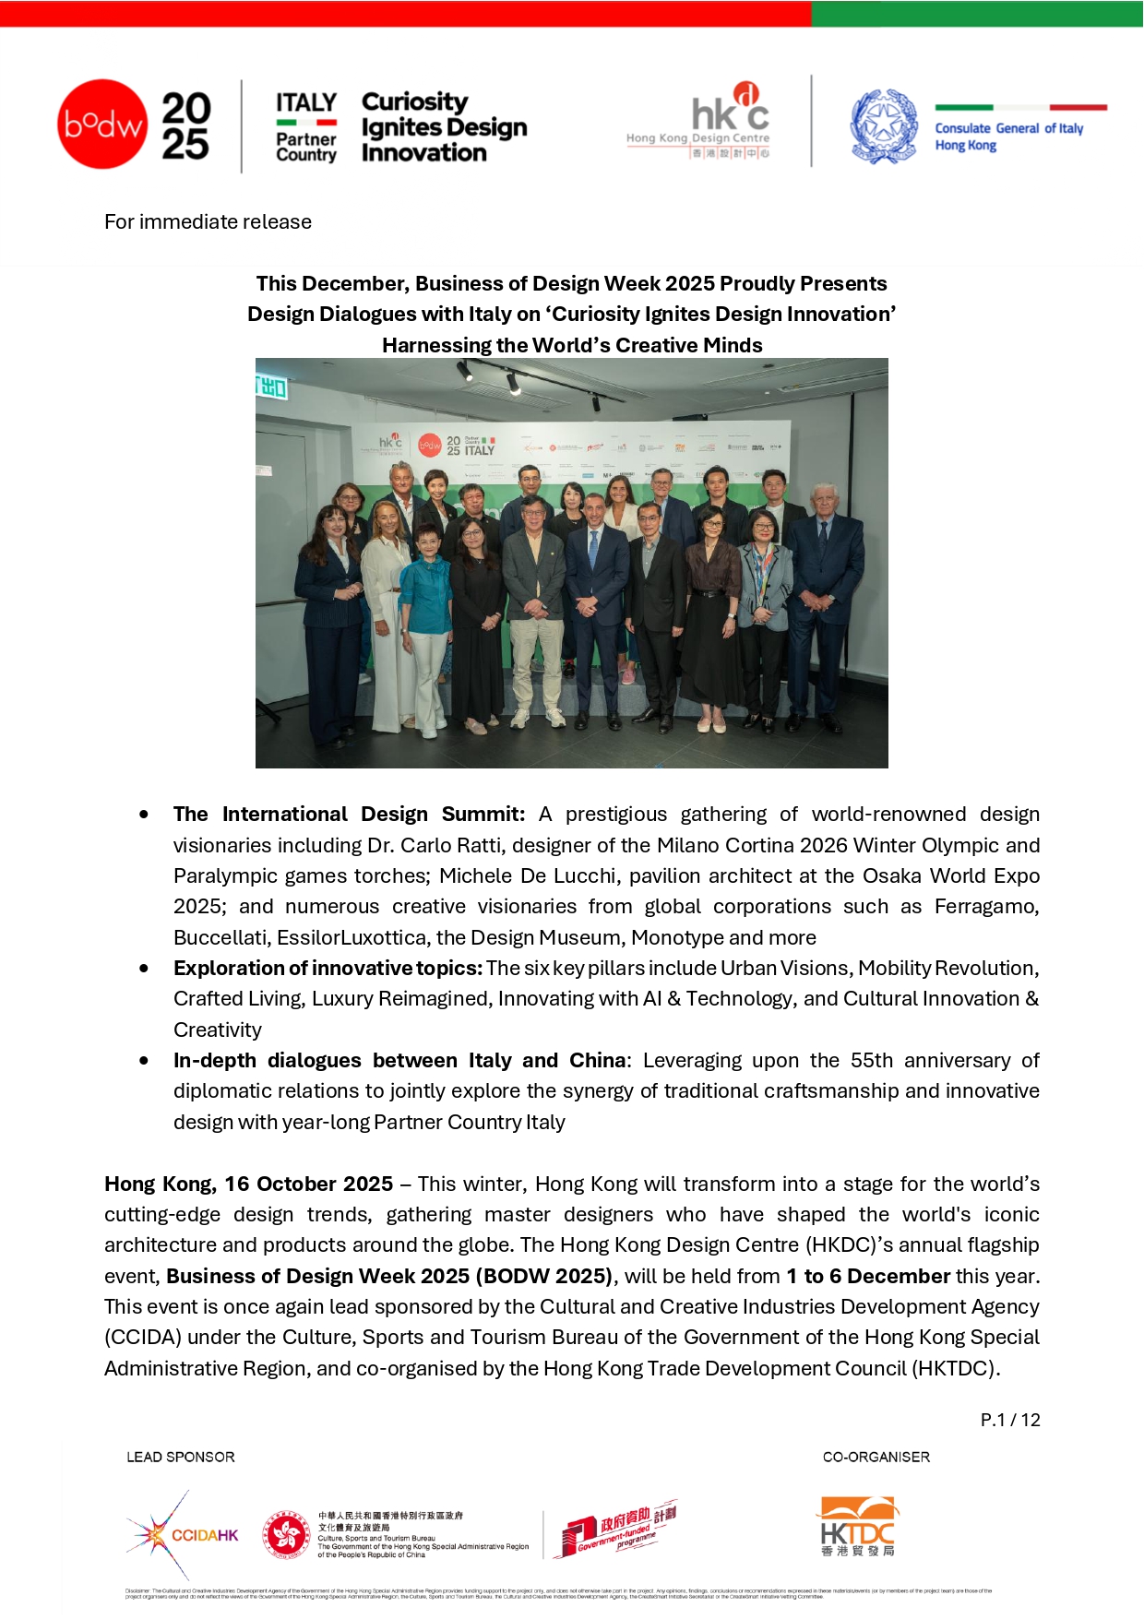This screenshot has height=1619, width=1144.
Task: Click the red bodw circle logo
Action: coord(102,124)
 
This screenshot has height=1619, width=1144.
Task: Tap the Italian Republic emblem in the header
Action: coord(883,126)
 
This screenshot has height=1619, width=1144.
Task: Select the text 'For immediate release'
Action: coord(208,221)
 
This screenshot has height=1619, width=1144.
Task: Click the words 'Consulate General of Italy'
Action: coord(1008,128)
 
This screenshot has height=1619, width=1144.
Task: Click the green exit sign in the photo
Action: coord(273,387)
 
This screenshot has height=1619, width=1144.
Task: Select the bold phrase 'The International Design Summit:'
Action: coord(349,814)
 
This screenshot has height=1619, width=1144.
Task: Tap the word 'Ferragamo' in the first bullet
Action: coord(985,906)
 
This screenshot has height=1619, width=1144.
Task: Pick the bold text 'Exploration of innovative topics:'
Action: coord(328,968)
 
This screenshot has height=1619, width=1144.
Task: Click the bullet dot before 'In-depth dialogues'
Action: coord(144,1061)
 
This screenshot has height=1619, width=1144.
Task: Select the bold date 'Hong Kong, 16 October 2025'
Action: coord(248,1184)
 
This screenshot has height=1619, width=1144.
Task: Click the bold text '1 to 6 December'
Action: coord(867,1276)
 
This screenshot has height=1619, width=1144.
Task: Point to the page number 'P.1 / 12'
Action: coord(1010,1420)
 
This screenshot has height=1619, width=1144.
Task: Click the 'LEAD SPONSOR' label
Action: coord(181,1457)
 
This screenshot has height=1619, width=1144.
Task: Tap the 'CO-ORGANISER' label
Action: coord(876,1457)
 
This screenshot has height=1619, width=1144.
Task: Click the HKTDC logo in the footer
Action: coord(858,1527)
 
